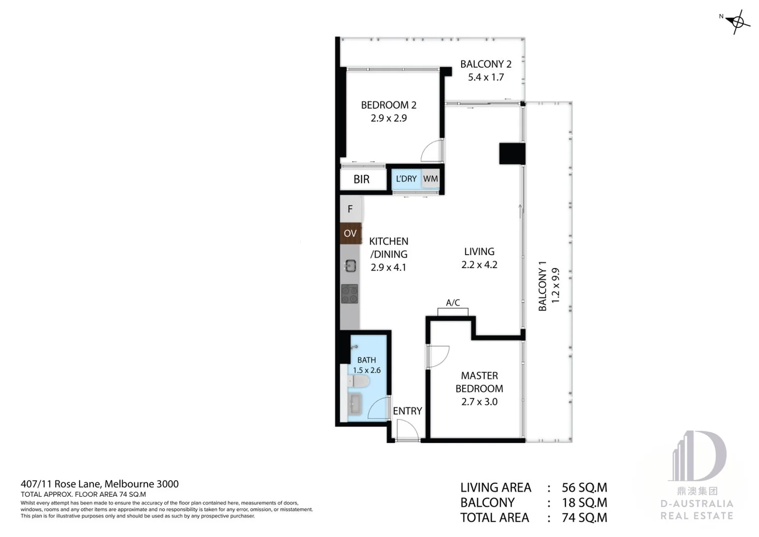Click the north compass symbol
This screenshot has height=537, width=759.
tap(738, 22)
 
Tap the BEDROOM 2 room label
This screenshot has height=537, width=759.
tap(388, 105)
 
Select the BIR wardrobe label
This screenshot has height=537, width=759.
tap(361, 179)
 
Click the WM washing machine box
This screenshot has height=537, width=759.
tap(430, 179)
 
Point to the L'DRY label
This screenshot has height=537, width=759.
tap(406, 179)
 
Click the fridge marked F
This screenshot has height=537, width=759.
tap(350, 209)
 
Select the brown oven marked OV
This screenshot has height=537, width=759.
tap(350, 233)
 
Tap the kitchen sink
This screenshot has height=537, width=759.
tap(350, 266)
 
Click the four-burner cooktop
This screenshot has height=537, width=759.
tap(349, 293)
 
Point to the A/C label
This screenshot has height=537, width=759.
tap(453, 302)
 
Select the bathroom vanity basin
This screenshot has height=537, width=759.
tap(356, 404)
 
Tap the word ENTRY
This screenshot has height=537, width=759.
tap(407, 411)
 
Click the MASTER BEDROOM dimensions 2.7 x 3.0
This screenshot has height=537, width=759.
tap(479, 402)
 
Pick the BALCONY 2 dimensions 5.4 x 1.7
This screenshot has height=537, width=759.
tap(486, 78)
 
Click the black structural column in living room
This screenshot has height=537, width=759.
tap(512, 154)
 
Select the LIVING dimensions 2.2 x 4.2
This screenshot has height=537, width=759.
tap(479, 265)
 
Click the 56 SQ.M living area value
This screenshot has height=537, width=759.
tap(584, 488)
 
